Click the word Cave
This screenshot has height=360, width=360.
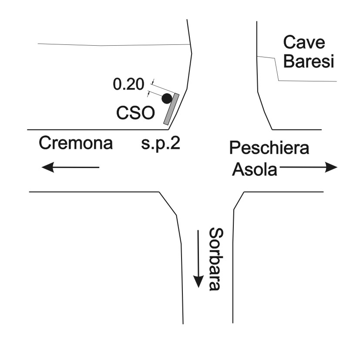click(304, 43)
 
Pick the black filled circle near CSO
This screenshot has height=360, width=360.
click(166, 99)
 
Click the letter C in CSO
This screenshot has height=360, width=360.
click(123, 114)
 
